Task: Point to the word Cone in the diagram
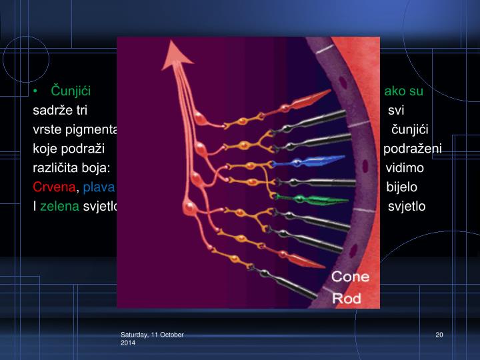pyautogui.click(x=350, y=276)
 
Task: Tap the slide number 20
pyautogui.click(x=439, y=334)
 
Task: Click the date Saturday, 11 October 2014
pyautogui.click(x=152, y=337)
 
